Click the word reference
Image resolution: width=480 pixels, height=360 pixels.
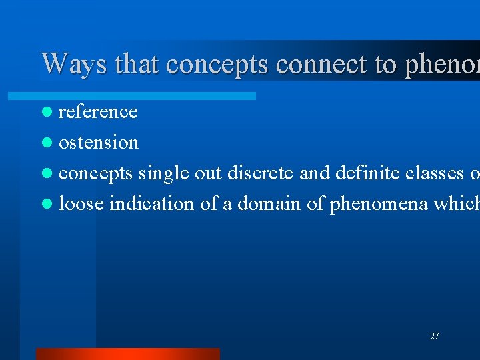click(x=98, y=112)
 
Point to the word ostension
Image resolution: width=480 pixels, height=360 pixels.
click(x=99, y=143)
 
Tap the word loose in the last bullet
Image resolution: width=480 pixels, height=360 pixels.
click(x=81, y=204)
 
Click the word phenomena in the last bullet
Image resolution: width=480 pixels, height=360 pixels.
click(x=367, y=204)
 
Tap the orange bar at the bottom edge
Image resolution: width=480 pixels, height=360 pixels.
click(x=127, y=354)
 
